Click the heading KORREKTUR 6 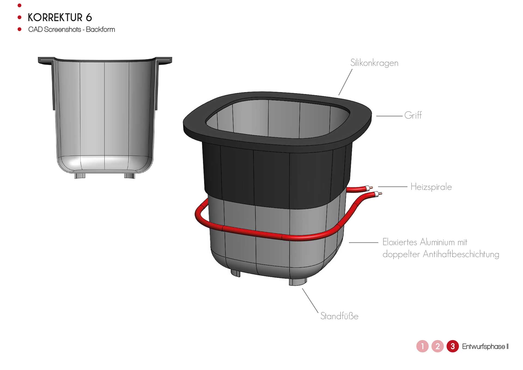click(x=60, y=17)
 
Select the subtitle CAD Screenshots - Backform click(x=72, y=29)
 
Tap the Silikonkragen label click(x=374, y=63)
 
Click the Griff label click(x=413, y=115)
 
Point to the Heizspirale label click(x=431, y=187)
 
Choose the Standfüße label click(x=339, y=316)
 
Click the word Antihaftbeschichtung click(x=461, y=254)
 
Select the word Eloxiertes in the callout click(x=400, y=242)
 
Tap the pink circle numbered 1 click(x=422, y=346)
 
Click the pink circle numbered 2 click(x=437, y=346)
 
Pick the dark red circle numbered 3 click(x=453, y=346)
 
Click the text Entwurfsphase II click(x=485, y=347)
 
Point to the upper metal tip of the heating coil click(x=371, y=187)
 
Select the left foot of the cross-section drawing click(x=80, y=176)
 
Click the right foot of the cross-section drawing click(x=130, y=176)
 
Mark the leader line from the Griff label click(x=389, y=116)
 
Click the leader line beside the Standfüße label click(x=310, y=301)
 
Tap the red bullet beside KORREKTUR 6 click(x=19, y=17)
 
